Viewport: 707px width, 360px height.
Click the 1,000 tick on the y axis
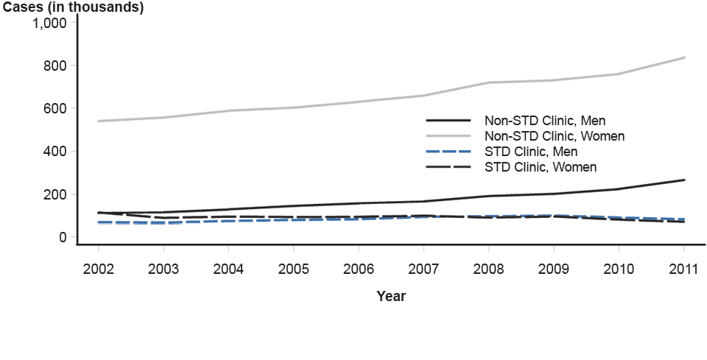(x=51, y=23)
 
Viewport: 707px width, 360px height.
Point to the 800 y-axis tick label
(x=56, y=66)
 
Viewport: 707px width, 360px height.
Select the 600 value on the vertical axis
(x=56, y=108)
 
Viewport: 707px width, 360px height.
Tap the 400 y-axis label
(x=56, y=151)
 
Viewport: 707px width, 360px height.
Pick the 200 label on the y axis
(x=56, y=194)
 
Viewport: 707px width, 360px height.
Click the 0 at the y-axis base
(x=63, y=237)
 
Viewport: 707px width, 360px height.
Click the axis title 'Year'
(x=391, y=296)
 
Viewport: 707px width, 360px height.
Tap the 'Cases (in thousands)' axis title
(x=72, y=7)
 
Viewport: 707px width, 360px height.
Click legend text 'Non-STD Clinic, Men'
(x=544, y=120)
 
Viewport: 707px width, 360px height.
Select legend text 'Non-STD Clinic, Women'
(x=554, y=135)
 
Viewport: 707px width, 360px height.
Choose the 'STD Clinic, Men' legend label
(x=530, y=152)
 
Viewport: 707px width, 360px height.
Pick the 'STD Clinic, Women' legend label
(x=540, y=167)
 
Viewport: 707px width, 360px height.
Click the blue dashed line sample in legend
(x=448, y=152)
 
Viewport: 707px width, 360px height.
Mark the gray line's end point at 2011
(x=684, y=57)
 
